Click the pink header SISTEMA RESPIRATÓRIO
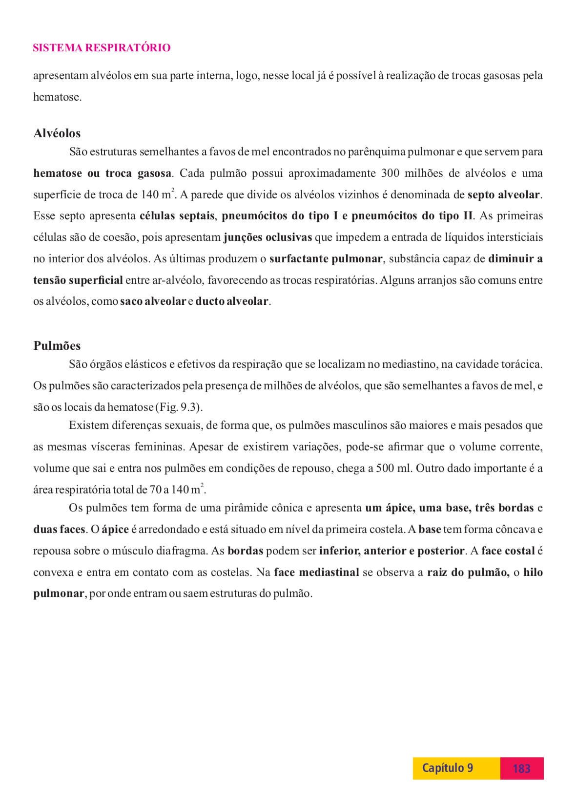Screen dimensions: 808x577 tap(102, 48)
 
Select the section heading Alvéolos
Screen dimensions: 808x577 tap(57, 133)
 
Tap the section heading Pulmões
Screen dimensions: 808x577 tap(57, 346)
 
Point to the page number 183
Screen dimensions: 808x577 tap(521, 768)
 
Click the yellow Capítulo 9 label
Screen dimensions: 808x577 tap(447, 768)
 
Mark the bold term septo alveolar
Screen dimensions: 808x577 tap(504, 195)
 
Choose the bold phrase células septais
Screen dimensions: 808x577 tap(177, 216)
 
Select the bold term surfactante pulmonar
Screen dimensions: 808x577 tap(326, 259)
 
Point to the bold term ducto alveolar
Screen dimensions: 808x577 tap(232, 301)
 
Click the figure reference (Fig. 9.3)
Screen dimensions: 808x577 tap(178, 407)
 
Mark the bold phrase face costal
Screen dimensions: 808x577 tap(508, 551)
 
